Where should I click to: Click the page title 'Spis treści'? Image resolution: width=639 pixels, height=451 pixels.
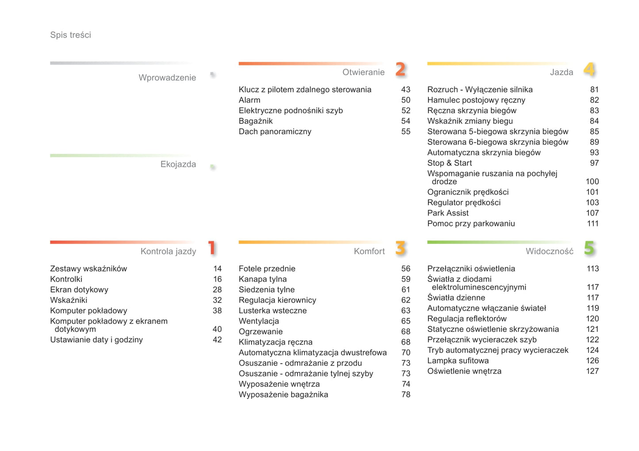(x=70, y=35)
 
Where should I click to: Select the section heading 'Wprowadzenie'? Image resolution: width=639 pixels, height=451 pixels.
(x=167, y=78)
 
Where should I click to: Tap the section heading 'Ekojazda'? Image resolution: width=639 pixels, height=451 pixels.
(x=178, y=164)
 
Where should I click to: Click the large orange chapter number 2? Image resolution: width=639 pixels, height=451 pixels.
(x=400, y=69)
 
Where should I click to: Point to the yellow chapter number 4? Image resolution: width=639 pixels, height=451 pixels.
(x=589, y=69)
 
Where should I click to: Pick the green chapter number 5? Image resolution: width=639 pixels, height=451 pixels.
(x=589, y=248)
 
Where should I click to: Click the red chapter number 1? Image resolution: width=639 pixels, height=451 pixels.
(x=212, y=248)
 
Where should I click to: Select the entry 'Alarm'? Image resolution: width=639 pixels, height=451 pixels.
(x=249, y=100)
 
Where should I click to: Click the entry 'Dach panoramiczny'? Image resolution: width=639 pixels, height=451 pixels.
(x=275, y=131)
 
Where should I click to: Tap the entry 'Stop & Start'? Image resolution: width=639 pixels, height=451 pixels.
(x=449, y=163)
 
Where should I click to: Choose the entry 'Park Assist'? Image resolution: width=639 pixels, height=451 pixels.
(x=448, y=213)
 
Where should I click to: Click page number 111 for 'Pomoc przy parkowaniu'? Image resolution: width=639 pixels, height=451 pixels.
(x=593, y=224)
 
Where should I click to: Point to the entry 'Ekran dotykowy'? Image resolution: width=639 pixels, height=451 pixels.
(x=79, y=289)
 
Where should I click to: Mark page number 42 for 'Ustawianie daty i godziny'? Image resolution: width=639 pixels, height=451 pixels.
(x=217, y=340)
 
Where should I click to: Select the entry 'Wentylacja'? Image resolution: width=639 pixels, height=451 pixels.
(x=259, y=321)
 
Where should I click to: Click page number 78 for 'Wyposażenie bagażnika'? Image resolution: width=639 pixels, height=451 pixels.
(x=406, y=394)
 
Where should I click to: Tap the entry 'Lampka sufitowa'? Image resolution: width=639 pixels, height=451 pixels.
(x=458, y=361)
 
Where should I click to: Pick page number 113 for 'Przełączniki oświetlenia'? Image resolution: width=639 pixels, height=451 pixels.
(x=593, y=269)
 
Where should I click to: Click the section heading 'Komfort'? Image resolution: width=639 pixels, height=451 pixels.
(x=369, y=251)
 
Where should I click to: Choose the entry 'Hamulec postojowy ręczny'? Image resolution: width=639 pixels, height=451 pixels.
(x=476, y=100)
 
